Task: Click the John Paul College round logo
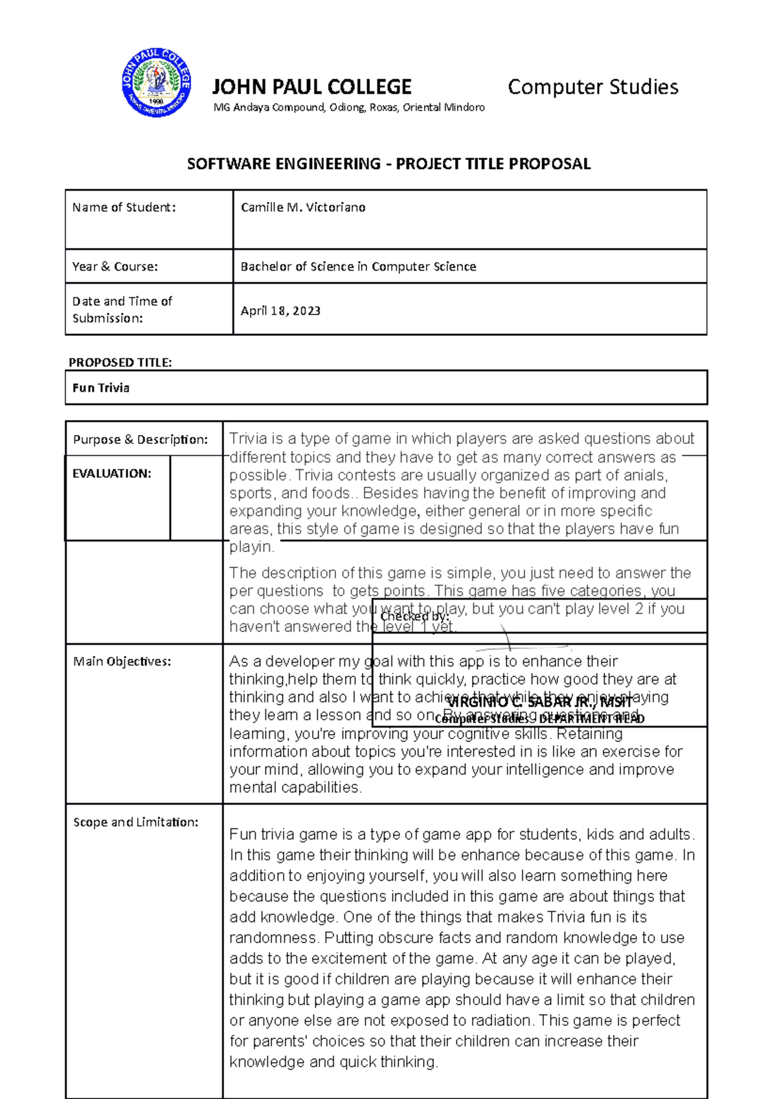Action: [x=156, y=83]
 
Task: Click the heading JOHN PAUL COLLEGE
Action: [x=311, y=87]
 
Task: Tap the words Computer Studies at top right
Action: [x=592, y=87]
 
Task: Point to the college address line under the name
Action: [x=349, y=107]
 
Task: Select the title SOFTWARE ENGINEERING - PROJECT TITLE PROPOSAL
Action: [x=388, y=164]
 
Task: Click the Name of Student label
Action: [x=124, y=207]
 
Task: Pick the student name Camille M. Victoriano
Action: [x=303, y=207]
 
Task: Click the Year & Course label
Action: [x=115, y=267]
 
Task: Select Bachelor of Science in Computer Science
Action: [x=358, y=267]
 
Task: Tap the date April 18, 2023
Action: [x=280, y=311]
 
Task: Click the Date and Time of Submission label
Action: [x=122, y=309]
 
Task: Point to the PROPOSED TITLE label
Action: [x=120, y=362]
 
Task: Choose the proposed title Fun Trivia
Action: [x=101, y=388]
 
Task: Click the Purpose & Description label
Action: [x=141, y=439]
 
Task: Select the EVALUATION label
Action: [x=111, y=473]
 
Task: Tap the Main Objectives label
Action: [x=122, y=661]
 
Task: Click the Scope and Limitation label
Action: [x=135, y=822]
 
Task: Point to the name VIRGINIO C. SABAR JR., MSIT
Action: [x=539, y=702]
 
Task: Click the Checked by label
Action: [x=414, y=617]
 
